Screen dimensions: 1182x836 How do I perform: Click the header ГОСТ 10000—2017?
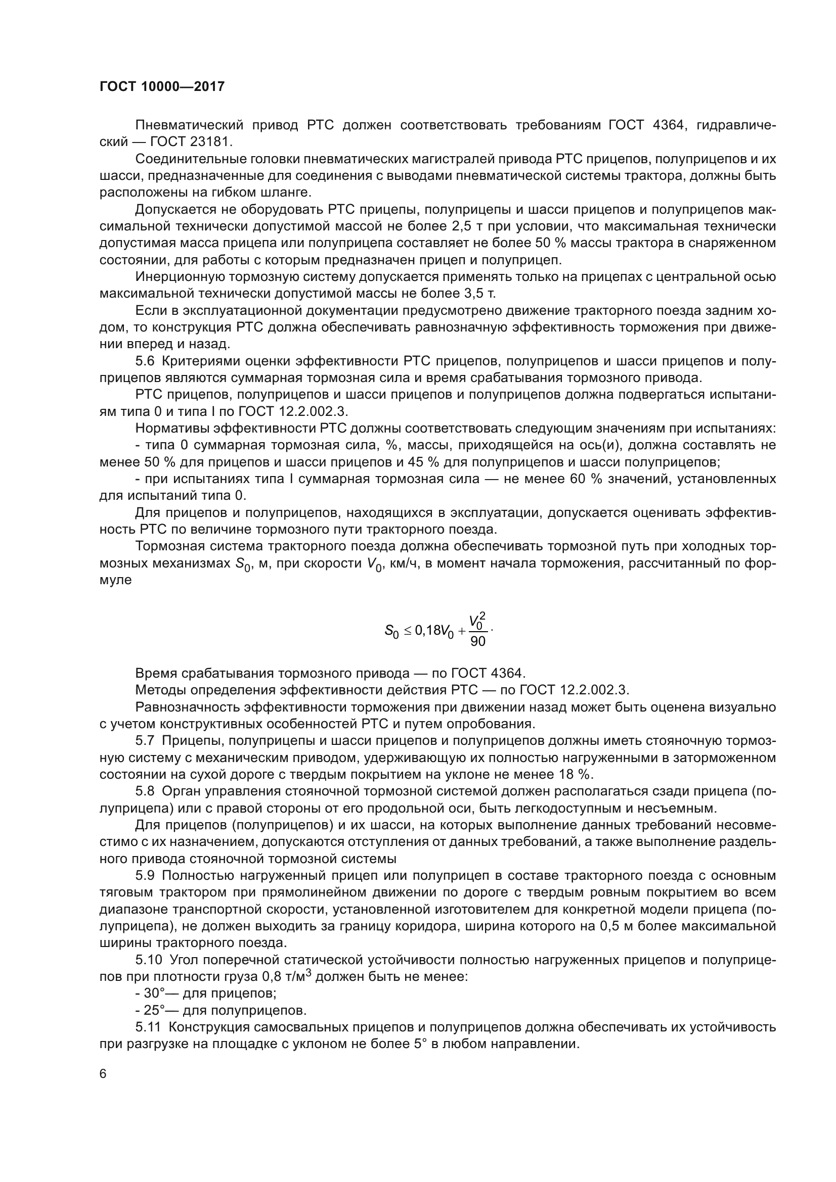[x=162, y=86]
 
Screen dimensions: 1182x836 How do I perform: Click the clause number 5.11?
[x=148, y=1027]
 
